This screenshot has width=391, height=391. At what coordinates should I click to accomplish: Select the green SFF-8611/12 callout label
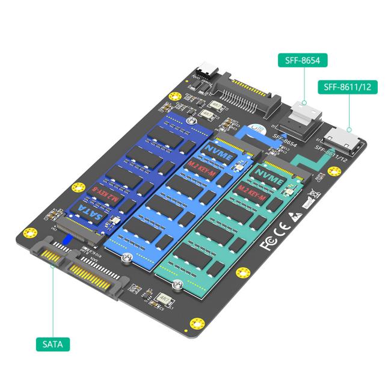[x=346, y=87]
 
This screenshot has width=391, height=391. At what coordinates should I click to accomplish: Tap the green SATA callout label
[x=52, y=344]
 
